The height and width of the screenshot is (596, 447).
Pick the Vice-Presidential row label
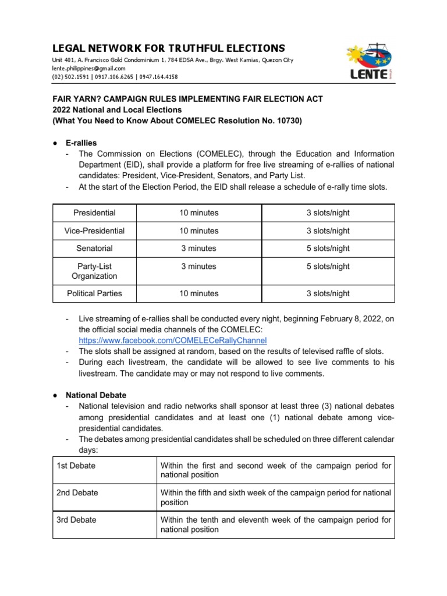click(x=94, y=231)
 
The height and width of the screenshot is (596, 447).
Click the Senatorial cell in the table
click(x=94, y=249)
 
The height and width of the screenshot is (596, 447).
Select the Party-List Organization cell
click(x=94, y=271)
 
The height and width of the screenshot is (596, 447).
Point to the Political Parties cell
click(x=94, y=293)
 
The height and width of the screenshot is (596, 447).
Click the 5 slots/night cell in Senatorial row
click(x=328, y=249)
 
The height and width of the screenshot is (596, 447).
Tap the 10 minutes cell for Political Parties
click(x=198, y=293)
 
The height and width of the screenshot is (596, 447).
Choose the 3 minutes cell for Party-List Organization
click(x=198, y=267)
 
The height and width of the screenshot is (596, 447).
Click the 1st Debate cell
click(x=76, y=466)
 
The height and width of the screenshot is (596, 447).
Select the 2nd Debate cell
click(x=77, y=493)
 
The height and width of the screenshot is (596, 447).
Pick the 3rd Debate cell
click(x=77, y=520)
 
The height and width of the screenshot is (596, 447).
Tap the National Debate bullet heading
click(x=95, y=395)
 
